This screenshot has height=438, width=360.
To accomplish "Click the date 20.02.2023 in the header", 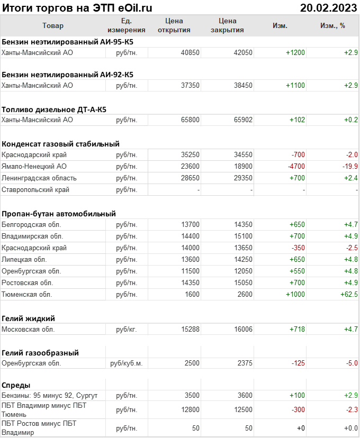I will pos(328,7).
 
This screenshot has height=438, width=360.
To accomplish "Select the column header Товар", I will pos(52,25).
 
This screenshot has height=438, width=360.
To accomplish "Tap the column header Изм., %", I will pos(332,25).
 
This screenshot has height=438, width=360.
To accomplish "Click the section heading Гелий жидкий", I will pos(29,318).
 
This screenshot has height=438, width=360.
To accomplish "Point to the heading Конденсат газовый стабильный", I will pos(60,143).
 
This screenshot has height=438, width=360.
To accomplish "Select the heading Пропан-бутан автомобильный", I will pos(59,214).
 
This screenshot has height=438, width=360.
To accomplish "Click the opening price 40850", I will pos(190,52).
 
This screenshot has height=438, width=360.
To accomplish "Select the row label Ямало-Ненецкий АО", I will pos(34,166).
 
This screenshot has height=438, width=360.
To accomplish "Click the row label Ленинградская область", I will pos(39,178).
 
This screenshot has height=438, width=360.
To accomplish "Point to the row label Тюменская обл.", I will pos(26,294).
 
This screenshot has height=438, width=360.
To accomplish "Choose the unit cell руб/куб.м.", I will pos(126,363).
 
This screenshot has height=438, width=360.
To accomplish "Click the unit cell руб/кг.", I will pos(126,329).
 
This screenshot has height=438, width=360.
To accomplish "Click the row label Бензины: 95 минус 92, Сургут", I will pos(50,396).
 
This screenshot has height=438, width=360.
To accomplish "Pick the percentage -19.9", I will pos(350,166).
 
